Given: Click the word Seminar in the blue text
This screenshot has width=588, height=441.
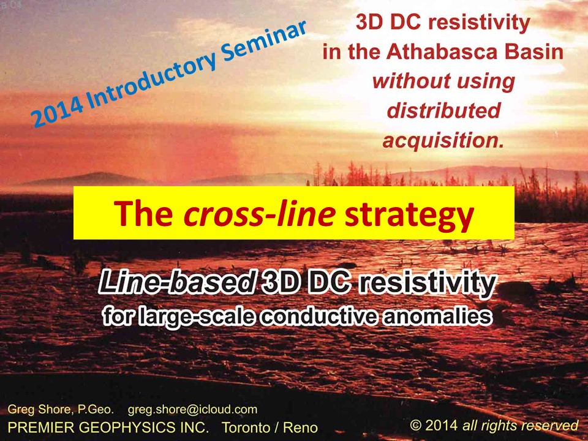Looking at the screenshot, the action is [x=265, y=43].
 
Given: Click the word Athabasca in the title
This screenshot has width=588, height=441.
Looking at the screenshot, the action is [x=442, y=51].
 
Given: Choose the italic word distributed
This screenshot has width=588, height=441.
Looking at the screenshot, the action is [x=443, y=110].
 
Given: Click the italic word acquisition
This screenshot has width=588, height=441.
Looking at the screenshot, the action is [x=443, y=141].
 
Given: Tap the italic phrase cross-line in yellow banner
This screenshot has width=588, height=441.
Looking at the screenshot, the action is [x=259, y=214].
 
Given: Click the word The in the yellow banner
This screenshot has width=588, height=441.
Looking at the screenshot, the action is [x=144, y=213].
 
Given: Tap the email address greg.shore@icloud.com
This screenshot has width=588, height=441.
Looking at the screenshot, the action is [x=192, y=410].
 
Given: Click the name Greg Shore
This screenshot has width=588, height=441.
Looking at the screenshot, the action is [x=39, y=409].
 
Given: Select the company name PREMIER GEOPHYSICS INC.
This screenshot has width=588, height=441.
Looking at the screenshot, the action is [x=108, y=427].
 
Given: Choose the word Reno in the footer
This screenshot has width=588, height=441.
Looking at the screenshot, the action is [x=300, y=427].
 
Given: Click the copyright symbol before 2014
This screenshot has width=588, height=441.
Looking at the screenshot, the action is [x=415, y=425].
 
